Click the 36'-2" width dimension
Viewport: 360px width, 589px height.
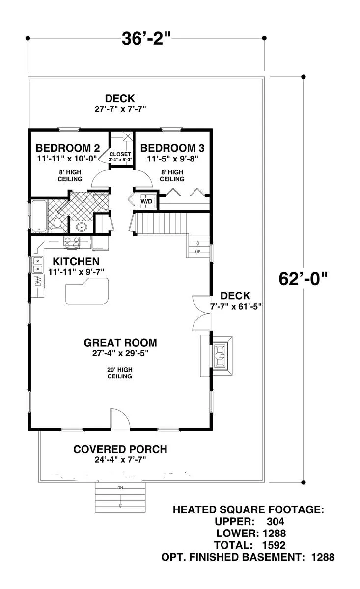(x=146, y=38)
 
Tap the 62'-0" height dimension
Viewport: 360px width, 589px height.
(x=303, y=278)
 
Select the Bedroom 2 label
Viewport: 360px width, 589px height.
(x=68, y=148)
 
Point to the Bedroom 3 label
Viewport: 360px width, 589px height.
(x=172, y=148)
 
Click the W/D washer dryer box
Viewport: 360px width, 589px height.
(x=146, y=201)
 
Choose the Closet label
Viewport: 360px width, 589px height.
(x=120, y=154)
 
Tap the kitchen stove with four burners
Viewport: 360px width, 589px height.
(x=72, y=242)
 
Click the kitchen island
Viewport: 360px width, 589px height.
(x=87, y=291)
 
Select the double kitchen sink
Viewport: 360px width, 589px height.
(x=38, y=265)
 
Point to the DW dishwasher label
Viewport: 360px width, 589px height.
(x=38, y=282)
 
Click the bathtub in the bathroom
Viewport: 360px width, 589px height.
(x=39, y=216)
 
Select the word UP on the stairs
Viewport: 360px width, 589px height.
(x=198, y=252)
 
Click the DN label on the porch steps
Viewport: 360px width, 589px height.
(x=120, y=488)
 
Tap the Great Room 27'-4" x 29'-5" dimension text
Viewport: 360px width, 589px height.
(x=120, y=353)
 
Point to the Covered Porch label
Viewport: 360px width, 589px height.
(x=120, y=449)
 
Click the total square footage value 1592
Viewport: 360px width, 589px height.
(x=274, y=545)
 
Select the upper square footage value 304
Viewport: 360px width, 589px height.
(x=276, y=521)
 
